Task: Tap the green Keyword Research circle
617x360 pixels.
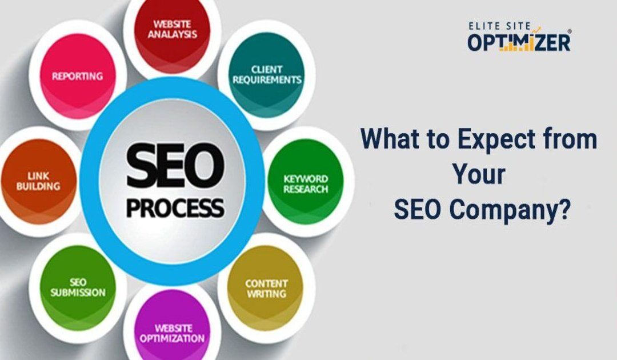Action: (x=306, y=183)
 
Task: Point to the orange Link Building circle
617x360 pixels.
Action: (x=38, y=182)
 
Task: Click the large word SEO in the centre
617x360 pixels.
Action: (x=172, y=161)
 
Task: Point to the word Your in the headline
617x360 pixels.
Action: (x=479, y=175)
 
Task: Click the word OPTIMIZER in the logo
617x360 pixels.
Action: (x=519, y=42)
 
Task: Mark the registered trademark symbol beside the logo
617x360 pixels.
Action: (x=569, y=32)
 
